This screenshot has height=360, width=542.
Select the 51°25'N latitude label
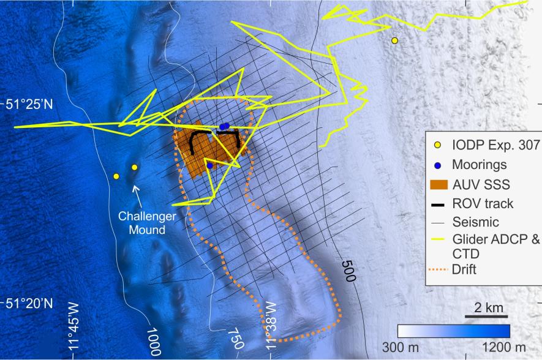29,105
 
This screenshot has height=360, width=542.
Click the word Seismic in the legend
472,222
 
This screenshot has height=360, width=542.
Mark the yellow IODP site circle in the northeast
395,40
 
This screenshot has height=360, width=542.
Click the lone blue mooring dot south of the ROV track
209,165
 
